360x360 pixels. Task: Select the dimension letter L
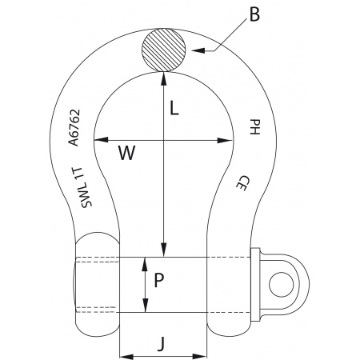[174, 110]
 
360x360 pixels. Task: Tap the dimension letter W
[126, 152]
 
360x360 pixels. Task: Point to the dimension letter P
[158, 281]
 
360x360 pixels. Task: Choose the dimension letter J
[162, 344]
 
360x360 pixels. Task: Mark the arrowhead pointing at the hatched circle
[194, 50]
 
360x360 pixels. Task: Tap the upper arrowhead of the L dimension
[163, 77]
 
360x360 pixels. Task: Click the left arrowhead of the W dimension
[100, 140]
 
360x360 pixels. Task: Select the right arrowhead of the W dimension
[228, 140]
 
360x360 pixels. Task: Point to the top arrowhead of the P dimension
[144, 262]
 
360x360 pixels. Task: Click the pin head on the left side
[98, 284]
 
